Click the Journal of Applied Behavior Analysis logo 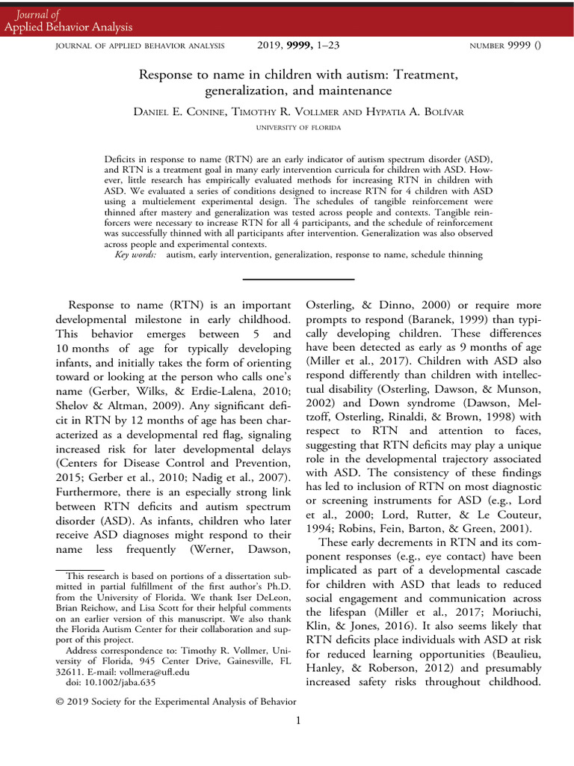pyautogui.click(x=68, y=20)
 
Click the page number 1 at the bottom pyautogui.click(x=297, y=720)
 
